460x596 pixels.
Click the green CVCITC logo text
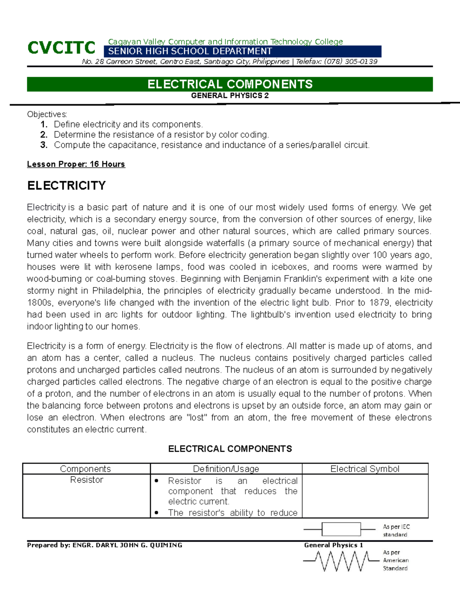click(61, 48)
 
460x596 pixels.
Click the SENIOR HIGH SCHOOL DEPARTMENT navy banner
click(242, 51)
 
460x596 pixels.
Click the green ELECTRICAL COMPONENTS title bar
click(230, 84)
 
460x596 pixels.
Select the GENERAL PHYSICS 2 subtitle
click(230, 96)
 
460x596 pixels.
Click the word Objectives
click(47, 114)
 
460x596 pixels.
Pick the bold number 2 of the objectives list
click(44, 135)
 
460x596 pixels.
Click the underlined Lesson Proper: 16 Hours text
click(76, 164)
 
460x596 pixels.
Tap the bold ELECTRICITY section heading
click(66, 186)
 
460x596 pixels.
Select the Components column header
click(85, 469)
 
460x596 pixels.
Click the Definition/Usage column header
click(226, 469)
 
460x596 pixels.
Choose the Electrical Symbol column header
click(365, 469)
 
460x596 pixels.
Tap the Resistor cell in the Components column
click(87, 480)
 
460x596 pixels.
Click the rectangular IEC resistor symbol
click(341, 529)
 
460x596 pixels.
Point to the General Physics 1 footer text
click(333, 545)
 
